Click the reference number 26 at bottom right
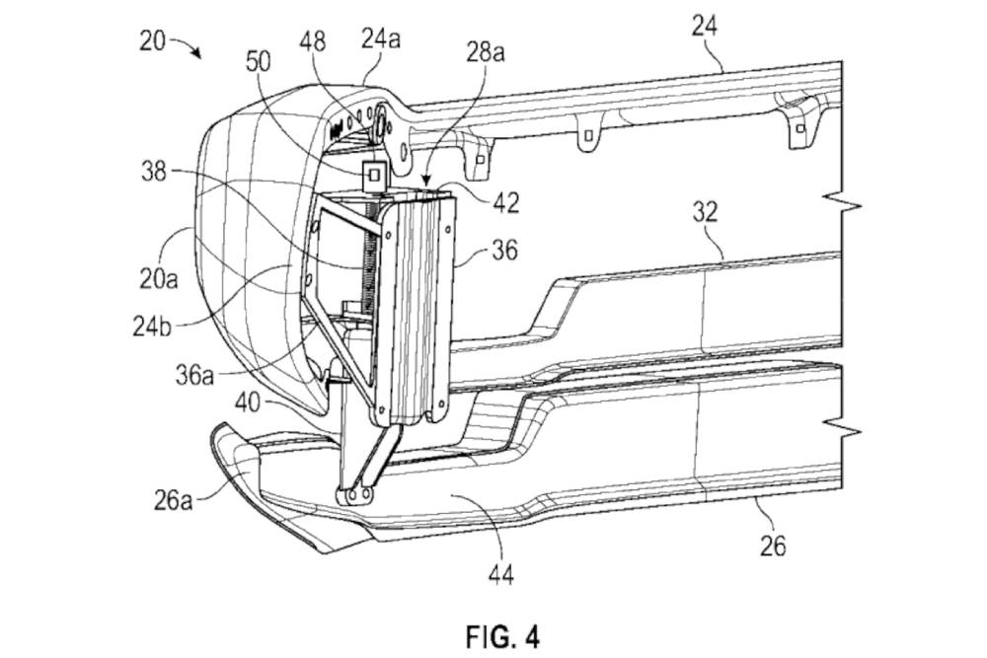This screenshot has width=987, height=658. tap(774, 544)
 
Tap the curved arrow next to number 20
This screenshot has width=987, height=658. tap(188, 46)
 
